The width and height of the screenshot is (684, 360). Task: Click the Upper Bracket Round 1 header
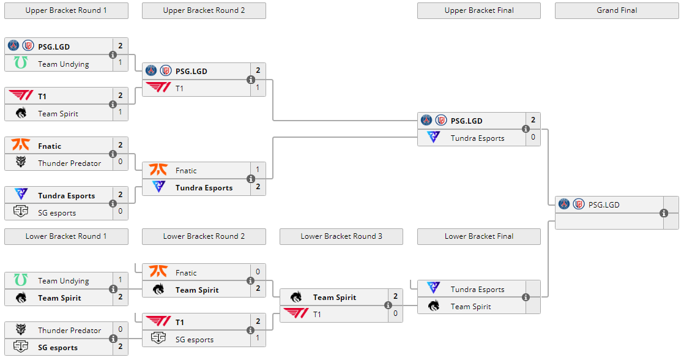point(66,10)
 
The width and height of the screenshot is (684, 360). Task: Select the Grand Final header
point(617,10)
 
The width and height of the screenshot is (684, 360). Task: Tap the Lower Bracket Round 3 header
point(341,236)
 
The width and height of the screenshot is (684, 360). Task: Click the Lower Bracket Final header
point(479,236)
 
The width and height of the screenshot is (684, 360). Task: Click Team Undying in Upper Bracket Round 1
point(64,64)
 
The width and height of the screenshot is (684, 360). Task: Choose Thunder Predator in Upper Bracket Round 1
point(69,163)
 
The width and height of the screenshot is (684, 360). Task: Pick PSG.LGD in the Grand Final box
point(604,204)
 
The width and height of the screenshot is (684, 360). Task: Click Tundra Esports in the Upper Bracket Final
point(477,138)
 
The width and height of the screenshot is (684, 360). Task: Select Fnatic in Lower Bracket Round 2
point(186,272)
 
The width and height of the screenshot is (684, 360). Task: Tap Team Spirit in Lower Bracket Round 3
point(334,297)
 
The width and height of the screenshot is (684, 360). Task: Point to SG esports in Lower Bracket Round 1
point(58,347)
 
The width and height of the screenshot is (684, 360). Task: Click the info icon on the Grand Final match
point(664,213)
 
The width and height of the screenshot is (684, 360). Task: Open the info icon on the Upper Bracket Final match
point(526,129)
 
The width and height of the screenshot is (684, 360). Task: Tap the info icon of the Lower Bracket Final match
point(526,298)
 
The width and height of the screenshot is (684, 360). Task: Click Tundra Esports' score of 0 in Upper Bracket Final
point(533,138)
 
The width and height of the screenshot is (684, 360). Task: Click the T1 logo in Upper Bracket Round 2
point(158,88)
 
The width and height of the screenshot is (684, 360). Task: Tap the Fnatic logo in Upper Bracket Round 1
point(21,146)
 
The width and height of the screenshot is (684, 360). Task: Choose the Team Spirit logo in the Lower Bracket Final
point(434,306)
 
